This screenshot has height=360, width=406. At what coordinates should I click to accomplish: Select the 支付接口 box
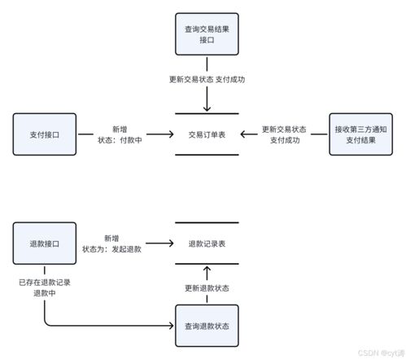(46, 134)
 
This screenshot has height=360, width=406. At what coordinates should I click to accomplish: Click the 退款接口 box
(46, 243)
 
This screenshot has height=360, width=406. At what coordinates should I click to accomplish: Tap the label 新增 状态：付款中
(119, 134)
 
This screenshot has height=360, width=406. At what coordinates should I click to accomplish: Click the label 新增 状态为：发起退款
(112, 243)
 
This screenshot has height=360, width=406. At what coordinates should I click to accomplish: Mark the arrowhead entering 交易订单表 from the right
(245, 134)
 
